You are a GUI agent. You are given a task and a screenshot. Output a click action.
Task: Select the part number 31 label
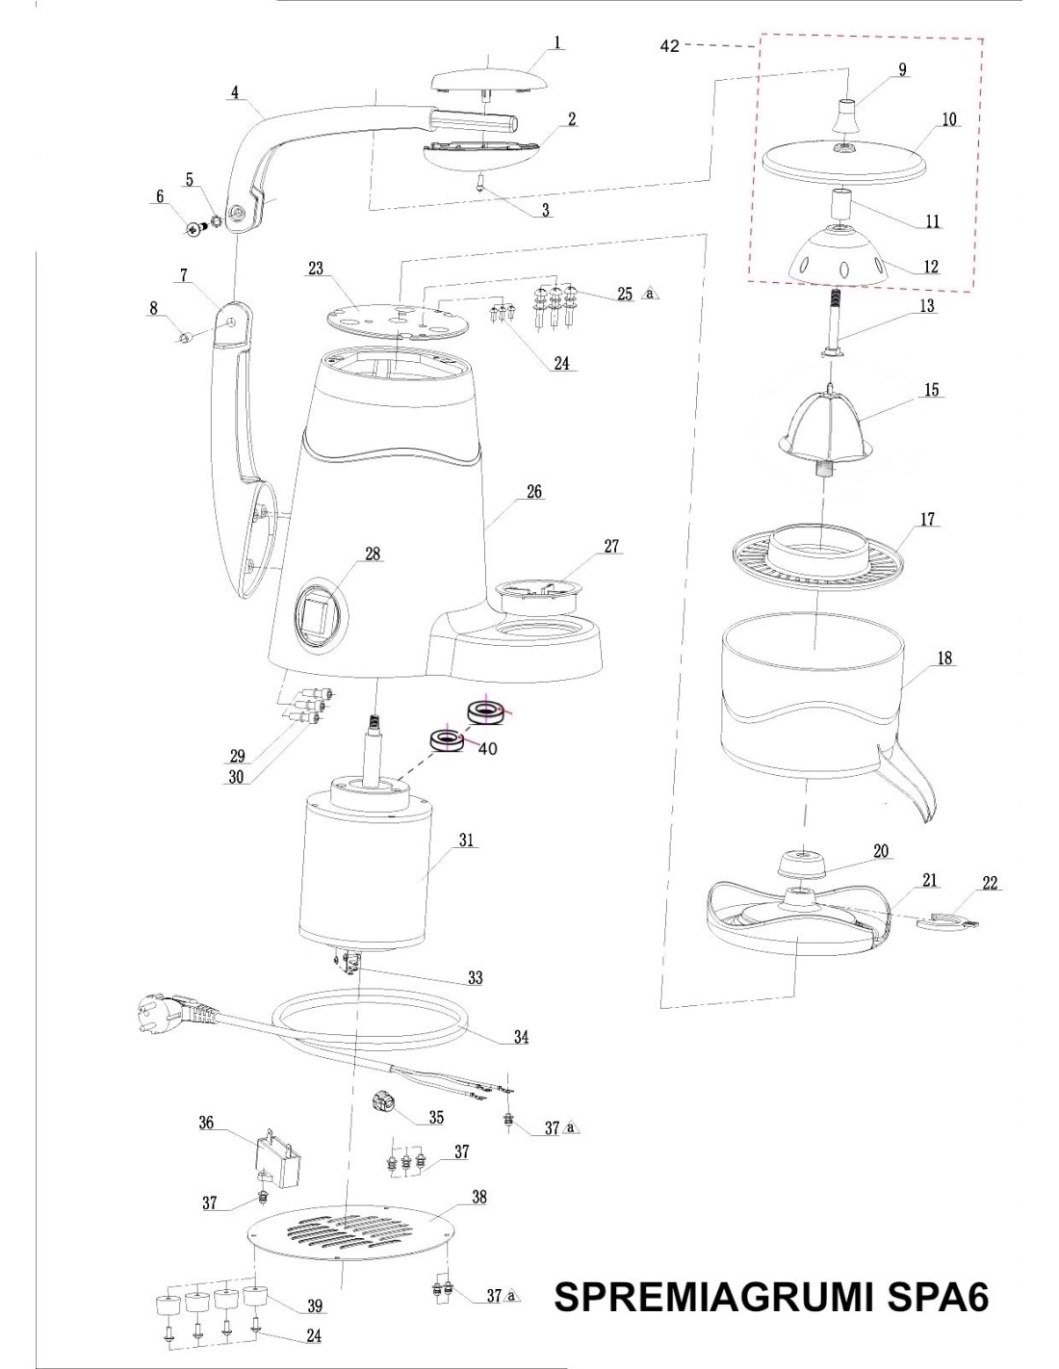468,840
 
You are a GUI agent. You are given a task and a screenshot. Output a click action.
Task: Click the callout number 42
670,46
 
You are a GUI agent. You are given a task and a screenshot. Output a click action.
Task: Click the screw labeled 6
196,228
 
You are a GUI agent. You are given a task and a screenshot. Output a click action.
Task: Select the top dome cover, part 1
489,77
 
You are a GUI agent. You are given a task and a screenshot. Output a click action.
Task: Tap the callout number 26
533,492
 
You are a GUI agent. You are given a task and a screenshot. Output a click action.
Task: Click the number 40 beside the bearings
487,748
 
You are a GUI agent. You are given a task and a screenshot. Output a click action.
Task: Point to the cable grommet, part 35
387,1105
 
